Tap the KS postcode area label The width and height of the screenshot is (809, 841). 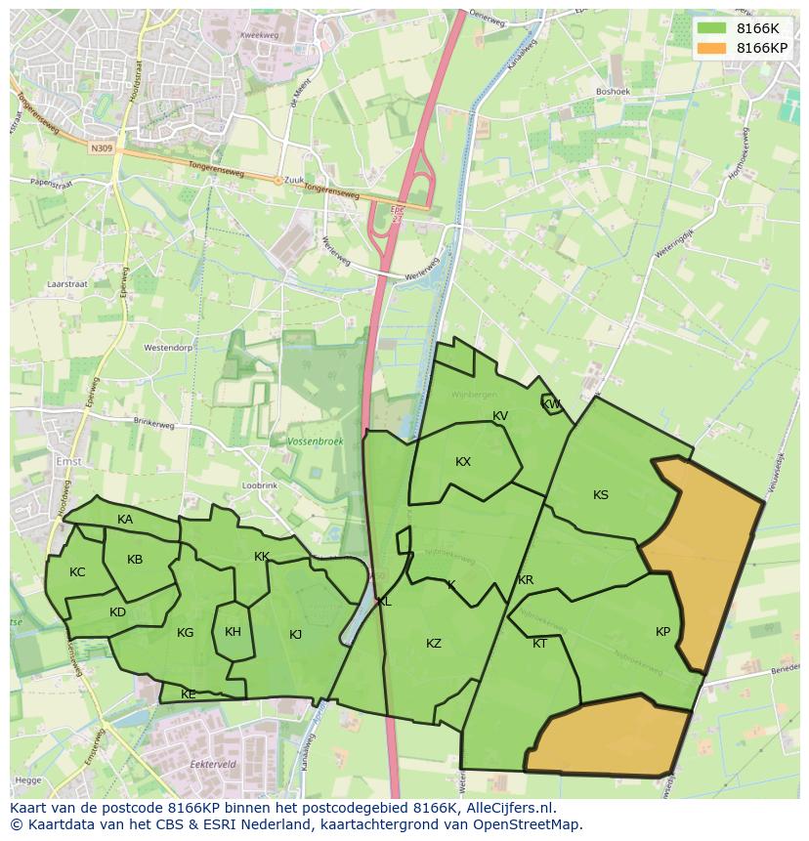click(601, 495)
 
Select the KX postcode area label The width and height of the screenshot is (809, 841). click(463, 462)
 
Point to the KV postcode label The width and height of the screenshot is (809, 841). click(500, 416)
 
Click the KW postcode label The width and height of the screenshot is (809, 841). click(551, 404)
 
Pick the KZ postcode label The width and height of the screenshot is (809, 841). click(434, 643)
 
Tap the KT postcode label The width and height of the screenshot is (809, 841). click(539, 643)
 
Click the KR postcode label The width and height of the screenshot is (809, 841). click(526, 580)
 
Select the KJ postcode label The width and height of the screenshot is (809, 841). click(296, 635)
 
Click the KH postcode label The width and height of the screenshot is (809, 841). click(233, 632)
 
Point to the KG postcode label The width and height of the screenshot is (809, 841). click(186, 633)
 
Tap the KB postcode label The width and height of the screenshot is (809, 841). click(135, 560)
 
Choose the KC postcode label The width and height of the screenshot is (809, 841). click(77, 572)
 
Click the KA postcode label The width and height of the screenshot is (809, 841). click(125, 520)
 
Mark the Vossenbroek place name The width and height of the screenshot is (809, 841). click(316, 442)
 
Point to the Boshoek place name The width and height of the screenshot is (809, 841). click(613, 92)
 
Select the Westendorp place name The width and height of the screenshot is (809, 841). click(167, 347)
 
